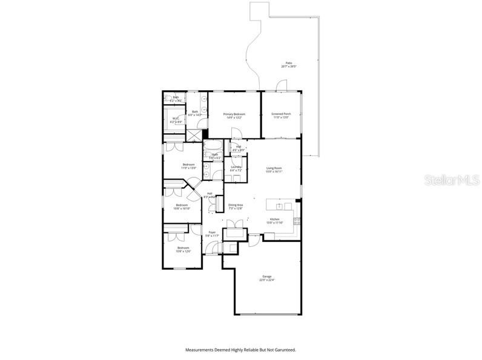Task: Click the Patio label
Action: (x=289, y=63)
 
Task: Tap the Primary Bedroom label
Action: (x=234, y=114)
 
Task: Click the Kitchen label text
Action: (x=274, y=219)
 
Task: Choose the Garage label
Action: (x=267, y=277)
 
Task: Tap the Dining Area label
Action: (x=236, y=205)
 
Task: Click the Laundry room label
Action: (x=236, y=167)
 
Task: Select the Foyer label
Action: (x=212, y=232)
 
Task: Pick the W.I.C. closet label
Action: (x=175, y=119)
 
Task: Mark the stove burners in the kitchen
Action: (x=296, y=222)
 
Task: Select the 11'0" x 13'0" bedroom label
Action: (x=190, y=168)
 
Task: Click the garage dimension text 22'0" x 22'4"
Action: (x=267, y=280)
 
